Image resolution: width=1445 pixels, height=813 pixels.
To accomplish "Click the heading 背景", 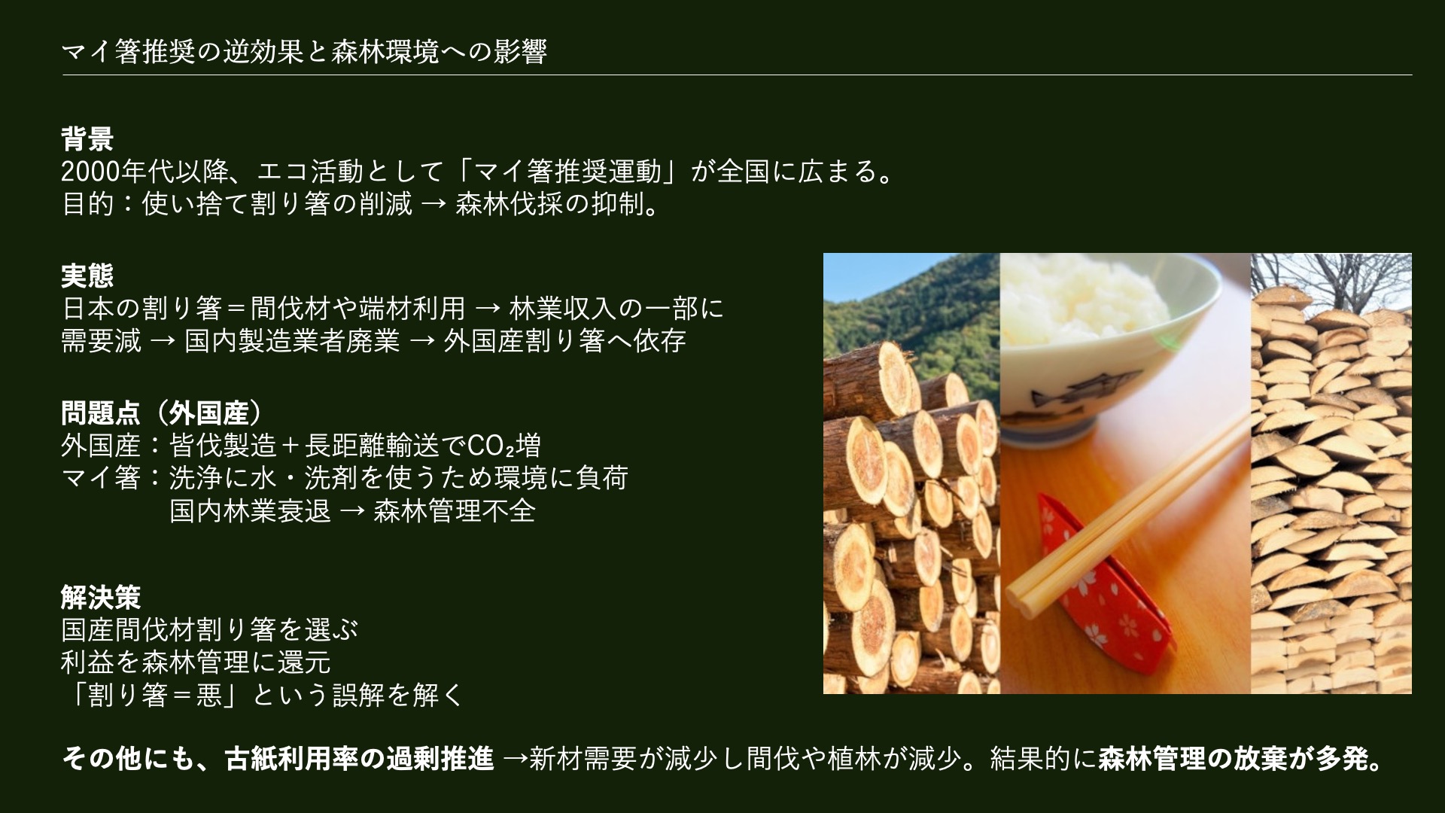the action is pyautogui.click(x=87, y=139).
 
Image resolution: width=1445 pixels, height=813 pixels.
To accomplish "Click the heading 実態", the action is pyautogui.click(x=87, y=276).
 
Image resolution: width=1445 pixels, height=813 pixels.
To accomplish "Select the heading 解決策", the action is pyautogui.click(x=101, y=598).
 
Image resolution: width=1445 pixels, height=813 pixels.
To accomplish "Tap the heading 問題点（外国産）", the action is pyautogui.click(x=163, y=413).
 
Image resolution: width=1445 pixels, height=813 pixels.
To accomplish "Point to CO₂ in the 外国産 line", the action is pyautogui.click(x=491, y=446).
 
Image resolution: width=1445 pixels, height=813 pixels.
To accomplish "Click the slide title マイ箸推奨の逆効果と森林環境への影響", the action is pyautogui.click(x=304, y=52).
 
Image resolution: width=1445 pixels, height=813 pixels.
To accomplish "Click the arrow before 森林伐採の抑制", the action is pyautogui.click(x=433, y=206).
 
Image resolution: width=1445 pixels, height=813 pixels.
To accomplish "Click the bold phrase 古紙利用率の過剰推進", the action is pyautogui.click(x=360, y=760).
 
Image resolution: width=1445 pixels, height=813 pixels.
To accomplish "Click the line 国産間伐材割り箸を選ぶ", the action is pyautogui.click(x=210, y=630).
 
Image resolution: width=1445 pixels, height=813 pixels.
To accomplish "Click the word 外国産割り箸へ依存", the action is pyautogui.click(x=564, y=341).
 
